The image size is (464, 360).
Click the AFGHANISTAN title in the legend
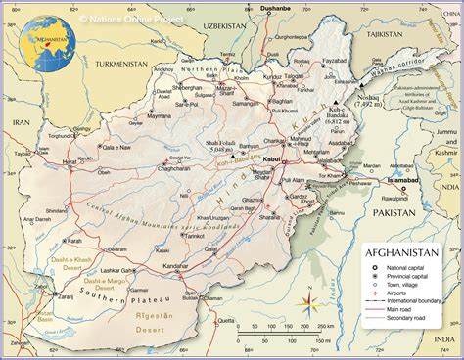(x=409, y=251)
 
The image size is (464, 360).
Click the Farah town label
(x=73, y=239)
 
